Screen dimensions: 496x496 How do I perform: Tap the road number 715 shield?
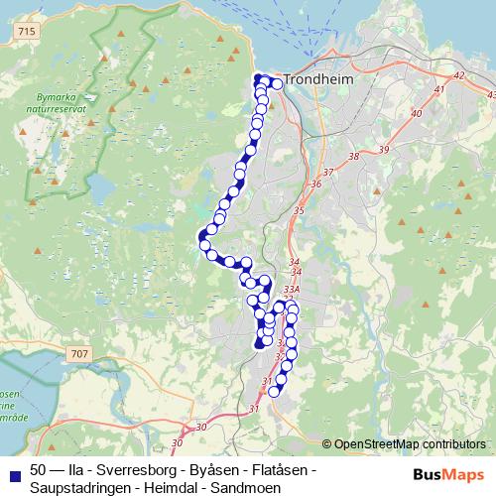click(x=26, y=33)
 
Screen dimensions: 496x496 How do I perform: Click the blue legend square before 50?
click(x=14, y=471)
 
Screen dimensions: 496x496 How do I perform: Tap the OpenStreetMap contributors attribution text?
click(x=409, y=444)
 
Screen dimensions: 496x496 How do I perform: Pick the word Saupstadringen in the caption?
click(x=78, y=487)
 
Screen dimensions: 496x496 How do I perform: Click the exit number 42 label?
click(x=457, y=76)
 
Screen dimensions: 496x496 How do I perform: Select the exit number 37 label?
click(x=329, y=173)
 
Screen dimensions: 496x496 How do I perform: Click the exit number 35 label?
click(x=299, y=210)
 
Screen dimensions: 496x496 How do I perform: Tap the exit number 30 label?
click(x=202, y=428)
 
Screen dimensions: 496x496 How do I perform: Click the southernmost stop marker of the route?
click(x=275, y=391)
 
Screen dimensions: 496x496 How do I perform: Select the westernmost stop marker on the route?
click(x=202, y=243)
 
